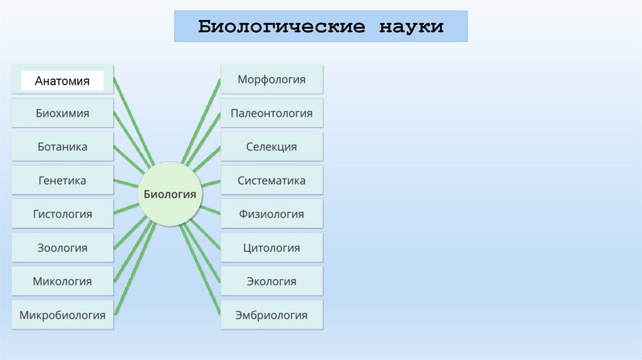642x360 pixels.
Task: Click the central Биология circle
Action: pyautogui.click(x=170, y=194)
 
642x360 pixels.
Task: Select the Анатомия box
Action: pyautogui.click(x=62, y=80)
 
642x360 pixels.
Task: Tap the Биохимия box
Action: pyautogui.click(x=62, y=114)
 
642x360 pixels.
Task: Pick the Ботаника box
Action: pyautogui.click(x=62, y=147)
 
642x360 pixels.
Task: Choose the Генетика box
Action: pyautogui.click(x=62, y=181)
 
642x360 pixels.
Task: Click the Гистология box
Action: pyautogui.click(x=62, y=214)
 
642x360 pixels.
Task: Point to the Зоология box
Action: pyautogui.click(x=62, y=248)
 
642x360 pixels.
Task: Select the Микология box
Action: pyautogui.click(x=62, y=281)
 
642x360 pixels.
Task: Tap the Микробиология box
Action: pyautogui.click(x=62, y=315)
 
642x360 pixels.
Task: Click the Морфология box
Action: pyautogui.click(x=271, y=80)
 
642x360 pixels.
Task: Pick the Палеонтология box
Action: pyautogui.click(x=271, y=114)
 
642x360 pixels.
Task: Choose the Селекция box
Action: pyautogui.click(x=271, y=147)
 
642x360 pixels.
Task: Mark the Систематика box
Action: pyautogui.click(x=271, y=181)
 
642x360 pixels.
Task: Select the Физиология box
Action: pyautogui.click(x=271, y=214)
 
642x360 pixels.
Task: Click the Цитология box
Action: pyautogui.click(x=271, y=248)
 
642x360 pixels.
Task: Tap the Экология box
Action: pyautogui.click(x=271, y=281)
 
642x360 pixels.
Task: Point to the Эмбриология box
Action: pyautogui.click(x=271, y=315)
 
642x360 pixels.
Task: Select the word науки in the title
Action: pyautogui.click(x=411, y=27)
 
